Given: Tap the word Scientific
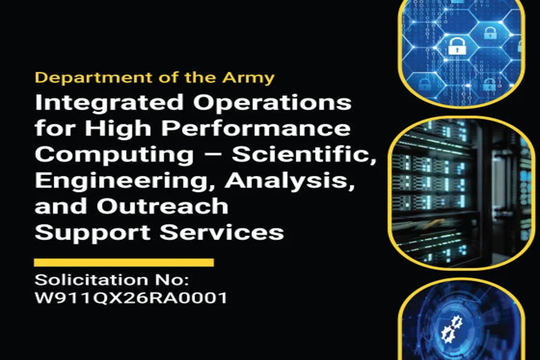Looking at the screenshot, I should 304,154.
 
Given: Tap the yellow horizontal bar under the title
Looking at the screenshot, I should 124,262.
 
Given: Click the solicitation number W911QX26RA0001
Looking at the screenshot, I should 131,298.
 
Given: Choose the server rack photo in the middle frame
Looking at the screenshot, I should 461,192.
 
